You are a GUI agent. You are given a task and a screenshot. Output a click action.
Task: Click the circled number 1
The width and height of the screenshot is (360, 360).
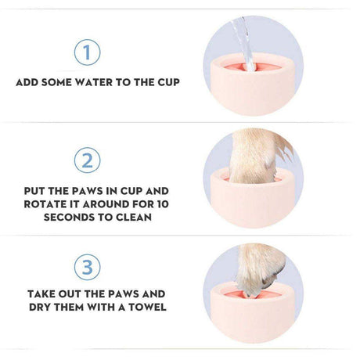pyautogui.click(x=87, y=52)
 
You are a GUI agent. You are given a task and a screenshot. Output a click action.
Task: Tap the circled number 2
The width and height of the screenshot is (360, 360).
pyautogui.click(x=87, y=160)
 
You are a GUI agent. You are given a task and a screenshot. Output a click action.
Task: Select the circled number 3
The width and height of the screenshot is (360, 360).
pyautogui.click(x=87, y=267)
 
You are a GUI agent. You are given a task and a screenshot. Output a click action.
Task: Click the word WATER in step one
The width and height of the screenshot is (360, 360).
pyautogui.click(x=94, y=82)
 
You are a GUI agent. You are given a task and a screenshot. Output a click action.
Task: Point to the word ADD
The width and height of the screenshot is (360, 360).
pyautogui.click(x=27, y=82)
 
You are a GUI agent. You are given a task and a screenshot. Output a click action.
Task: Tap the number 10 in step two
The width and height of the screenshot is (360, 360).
pyautogui.click(x=163, y=204)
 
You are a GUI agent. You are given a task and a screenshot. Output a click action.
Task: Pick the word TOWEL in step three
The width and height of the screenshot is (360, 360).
pyautogui.click(x=147, y=307)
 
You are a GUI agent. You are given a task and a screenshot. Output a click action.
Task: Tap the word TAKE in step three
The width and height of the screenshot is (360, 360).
pyautogui.click(x=41, y=294)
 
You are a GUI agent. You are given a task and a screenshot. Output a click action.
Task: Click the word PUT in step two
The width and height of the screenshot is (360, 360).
pyautogui.click(x=34, y=191)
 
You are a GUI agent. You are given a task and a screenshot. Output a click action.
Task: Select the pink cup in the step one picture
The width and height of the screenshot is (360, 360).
pyautogui.click(x=253, y=84)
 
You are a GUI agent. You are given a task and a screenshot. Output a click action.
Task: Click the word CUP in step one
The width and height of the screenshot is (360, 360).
pyautogui.click(x=168, y=82)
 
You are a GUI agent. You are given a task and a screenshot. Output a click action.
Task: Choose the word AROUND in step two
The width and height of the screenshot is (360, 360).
pyautogui.click(x=106, y=204)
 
